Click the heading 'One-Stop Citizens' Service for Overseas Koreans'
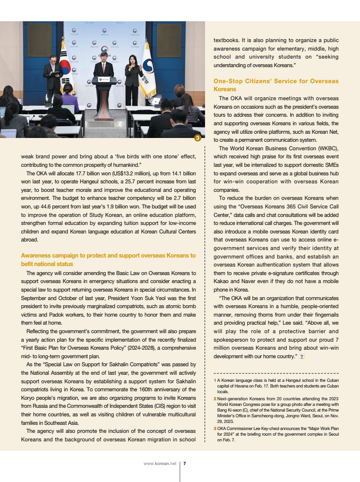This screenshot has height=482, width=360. click(276, 85)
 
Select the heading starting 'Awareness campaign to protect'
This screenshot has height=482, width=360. click(108, 259)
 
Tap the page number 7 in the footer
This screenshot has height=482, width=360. click(184, 464)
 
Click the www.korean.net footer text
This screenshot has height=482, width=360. click(160, 464)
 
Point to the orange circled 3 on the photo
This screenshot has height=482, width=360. click(197, 138)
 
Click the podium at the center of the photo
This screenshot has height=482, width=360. click(104, 95)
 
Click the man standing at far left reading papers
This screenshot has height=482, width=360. click(53, 76)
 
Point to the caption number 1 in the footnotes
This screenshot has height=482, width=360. click(215, 380)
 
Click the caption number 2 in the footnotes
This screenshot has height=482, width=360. click(215, 399)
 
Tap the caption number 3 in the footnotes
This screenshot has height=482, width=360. click(215, 428)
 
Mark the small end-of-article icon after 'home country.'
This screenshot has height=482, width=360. click(301, 356)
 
